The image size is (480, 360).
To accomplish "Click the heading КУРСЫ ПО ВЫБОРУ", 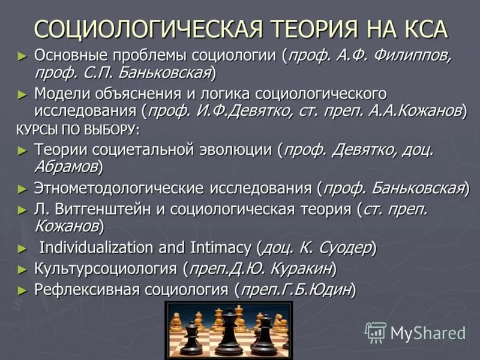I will (x=77, y=129).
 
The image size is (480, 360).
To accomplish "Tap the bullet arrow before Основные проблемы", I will (x=23, y=56).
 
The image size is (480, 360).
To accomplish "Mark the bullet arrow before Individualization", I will (x=23, y=247).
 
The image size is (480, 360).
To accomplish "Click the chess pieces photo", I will (x=229, y=329).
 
